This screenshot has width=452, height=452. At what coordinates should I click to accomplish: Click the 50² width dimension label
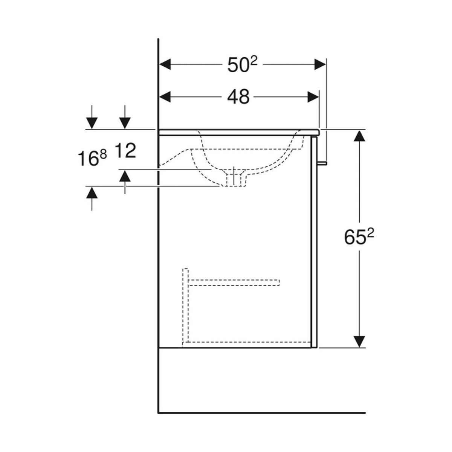(x=243, y=64)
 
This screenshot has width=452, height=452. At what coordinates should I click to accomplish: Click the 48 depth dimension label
(x=238, y=97)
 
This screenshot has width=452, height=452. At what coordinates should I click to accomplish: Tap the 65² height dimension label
(x=359, y=237)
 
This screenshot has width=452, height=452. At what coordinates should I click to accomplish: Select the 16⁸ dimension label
(x=92, y=158)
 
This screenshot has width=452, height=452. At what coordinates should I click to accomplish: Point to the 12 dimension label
(x=125, y=151)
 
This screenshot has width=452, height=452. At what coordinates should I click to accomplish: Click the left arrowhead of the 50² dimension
(x=165, y=64)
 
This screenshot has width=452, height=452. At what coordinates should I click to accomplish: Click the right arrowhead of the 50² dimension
(x=320, y=64)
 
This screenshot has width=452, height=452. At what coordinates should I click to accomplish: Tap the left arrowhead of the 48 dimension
(x=165, y=97)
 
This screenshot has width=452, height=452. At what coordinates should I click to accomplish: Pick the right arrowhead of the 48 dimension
(x=313, y=97)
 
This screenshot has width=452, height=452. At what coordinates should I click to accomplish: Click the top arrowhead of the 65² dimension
(x=359, y=136)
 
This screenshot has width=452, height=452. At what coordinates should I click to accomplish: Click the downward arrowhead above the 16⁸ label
(x=92, y=123)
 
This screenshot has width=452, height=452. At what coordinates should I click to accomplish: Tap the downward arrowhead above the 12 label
(x=125, y=123)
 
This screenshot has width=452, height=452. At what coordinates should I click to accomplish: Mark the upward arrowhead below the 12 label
(x=125, y=176)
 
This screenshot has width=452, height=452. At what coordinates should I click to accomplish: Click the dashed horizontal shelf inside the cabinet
(x=234, y=282)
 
